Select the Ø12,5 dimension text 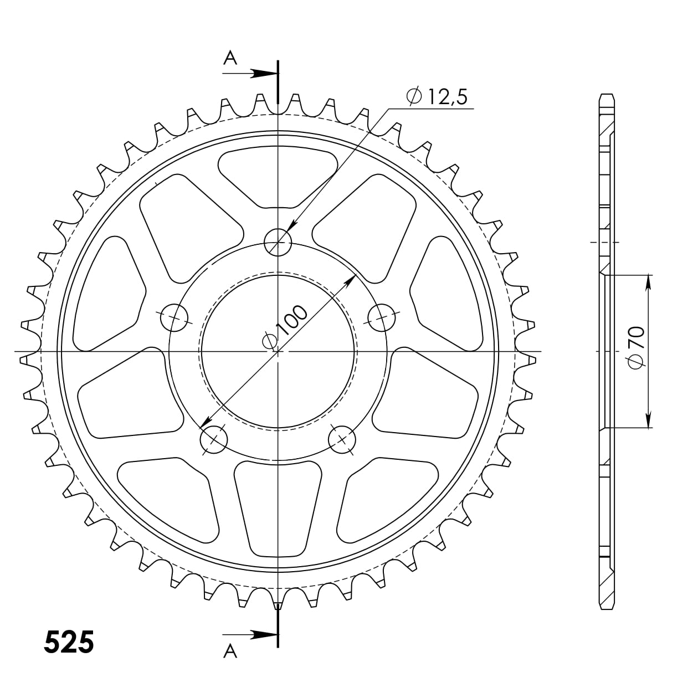(437, 97)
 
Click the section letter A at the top (230, 57)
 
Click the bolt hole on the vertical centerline (278, 242)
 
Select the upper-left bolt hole (174, 317)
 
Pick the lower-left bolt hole (214, 439)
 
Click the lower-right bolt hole (342, 439)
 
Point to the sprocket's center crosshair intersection (278, 351)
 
